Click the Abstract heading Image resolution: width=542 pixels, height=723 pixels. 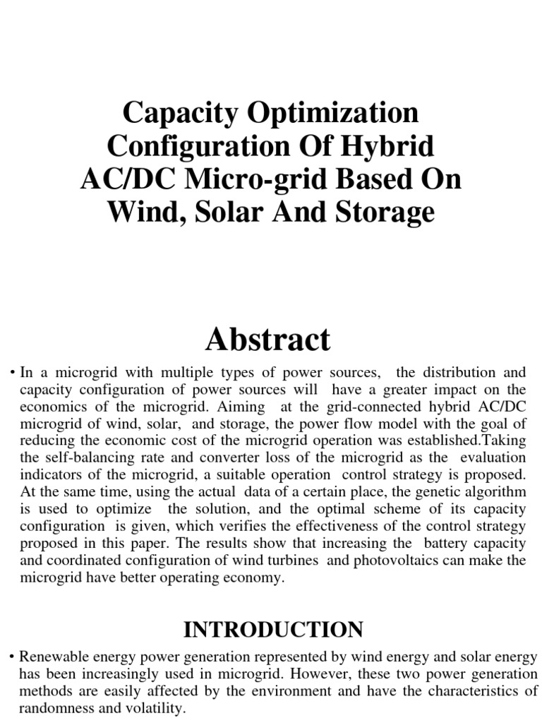point(267,340)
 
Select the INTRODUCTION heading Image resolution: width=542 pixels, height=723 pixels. point(274,629)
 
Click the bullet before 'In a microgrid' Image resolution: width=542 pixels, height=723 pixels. point(13,372)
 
